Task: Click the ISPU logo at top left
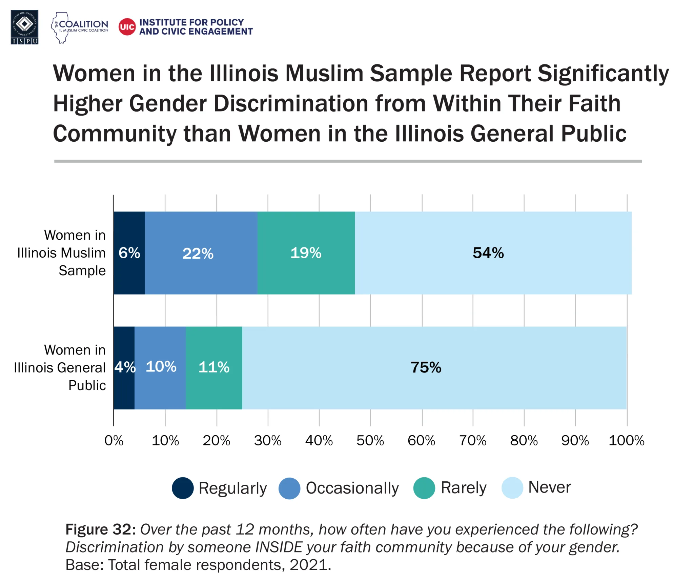(24, 27)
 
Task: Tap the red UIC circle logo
(127, 27)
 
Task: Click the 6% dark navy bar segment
(129, 253)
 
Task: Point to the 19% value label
(306, 253)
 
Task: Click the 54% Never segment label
(488, 253)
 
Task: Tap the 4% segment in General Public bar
(124, 367)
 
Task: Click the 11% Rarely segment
(214, 367)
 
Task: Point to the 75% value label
(426, 367)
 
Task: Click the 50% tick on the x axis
(370, 441)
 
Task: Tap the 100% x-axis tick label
(626, 441)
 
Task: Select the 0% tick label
(114, 441)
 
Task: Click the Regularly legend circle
(183, 488)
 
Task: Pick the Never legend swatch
(512, 488)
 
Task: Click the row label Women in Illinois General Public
(60, 367)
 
